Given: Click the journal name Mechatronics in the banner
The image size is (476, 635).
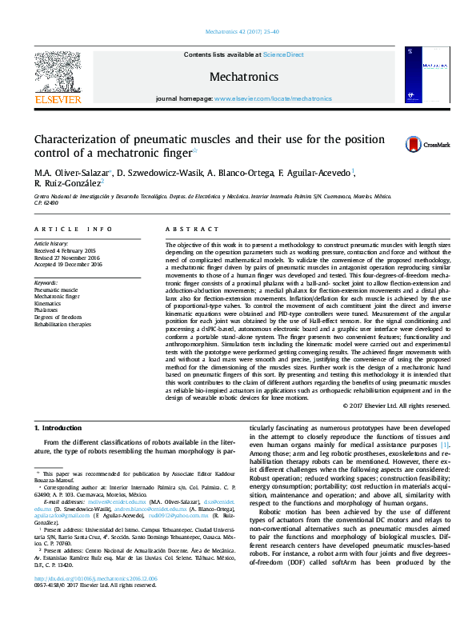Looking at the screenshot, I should tap(243, 78).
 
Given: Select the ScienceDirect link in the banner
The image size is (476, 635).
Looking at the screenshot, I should tap(283, 54).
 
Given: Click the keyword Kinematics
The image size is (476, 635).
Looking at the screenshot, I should tap(48, 303).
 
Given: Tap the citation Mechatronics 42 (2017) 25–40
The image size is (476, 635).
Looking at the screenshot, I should tap(238, 32).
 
